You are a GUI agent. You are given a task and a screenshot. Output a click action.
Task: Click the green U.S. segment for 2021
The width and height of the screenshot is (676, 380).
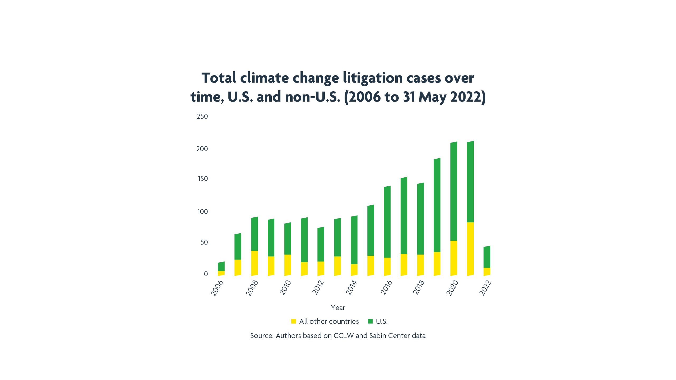coord(470,182)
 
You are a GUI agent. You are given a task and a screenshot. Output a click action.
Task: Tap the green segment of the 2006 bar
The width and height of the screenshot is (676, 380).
coord(221,266)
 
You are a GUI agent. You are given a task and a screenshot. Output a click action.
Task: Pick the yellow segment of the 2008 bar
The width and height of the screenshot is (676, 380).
coord(254,263)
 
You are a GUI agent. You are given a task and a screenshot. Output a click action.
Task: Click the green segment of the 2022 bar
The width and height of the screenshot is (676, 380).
coord(487,257)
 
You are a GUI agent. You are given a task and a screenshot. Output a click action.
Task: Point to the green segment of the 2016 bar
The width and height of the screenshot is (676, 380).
coord(387,222)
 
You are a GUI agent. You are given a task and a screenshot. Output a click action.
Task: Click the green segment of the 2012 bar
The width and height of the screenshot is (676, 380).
coord(321,244)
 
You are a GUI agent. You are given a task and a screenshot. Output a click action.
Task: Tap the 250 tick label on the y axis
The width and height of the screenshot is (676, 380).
coord(202,116)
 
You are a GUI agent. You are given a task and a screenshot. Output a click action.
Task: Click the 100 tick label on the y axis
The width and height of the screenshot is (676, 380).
coord(203,212)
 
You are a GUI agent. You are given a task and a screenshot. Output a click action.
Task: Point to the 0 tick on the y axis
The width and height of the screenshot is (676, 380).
coord(206,274)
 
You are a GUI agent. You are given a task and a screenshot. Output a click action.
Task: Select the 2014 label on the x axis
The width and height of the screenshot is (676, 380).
coord(351,288)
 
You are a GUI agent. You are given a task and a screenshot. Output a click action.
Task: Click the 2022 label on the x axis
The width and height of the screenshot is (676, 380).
coord(485,288)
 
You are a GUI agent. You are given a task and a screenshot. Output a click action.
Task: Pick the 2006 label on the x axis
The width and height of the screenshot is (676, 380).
coord(217,288)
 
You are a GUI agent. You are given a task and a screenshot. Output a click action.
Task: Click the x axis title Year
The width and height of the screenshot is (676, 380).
coord(338,308)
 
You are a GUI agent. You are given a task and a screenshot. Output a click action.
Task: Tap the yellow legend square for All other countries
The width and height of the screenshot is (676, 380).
coord(293,321)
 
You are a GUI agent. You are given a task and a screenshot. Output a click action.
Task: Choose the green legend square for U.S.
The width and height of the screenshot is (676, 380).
coord(370,321)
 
